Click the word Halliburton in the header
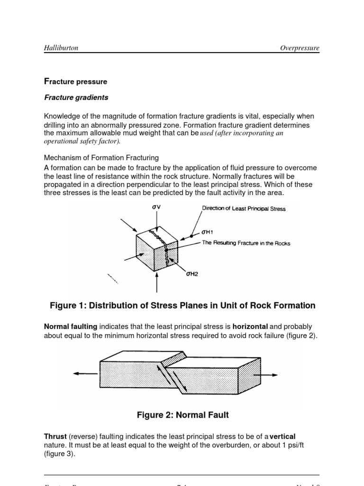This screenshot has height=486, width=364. click(x=61, y=48)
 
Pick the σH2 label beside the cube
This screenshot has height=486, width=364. click(x=192, y=274)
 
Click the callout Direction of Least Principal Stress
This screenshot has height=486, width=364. click(x=244, y=208)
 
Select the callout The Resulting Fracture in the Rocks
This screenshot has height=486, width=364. click(x=246, y=243)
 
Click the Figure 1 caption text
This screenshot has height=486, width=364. click(x=182, y=306)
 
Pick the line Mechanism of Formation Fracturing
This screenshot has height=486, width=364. click(x=101, y=158)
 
